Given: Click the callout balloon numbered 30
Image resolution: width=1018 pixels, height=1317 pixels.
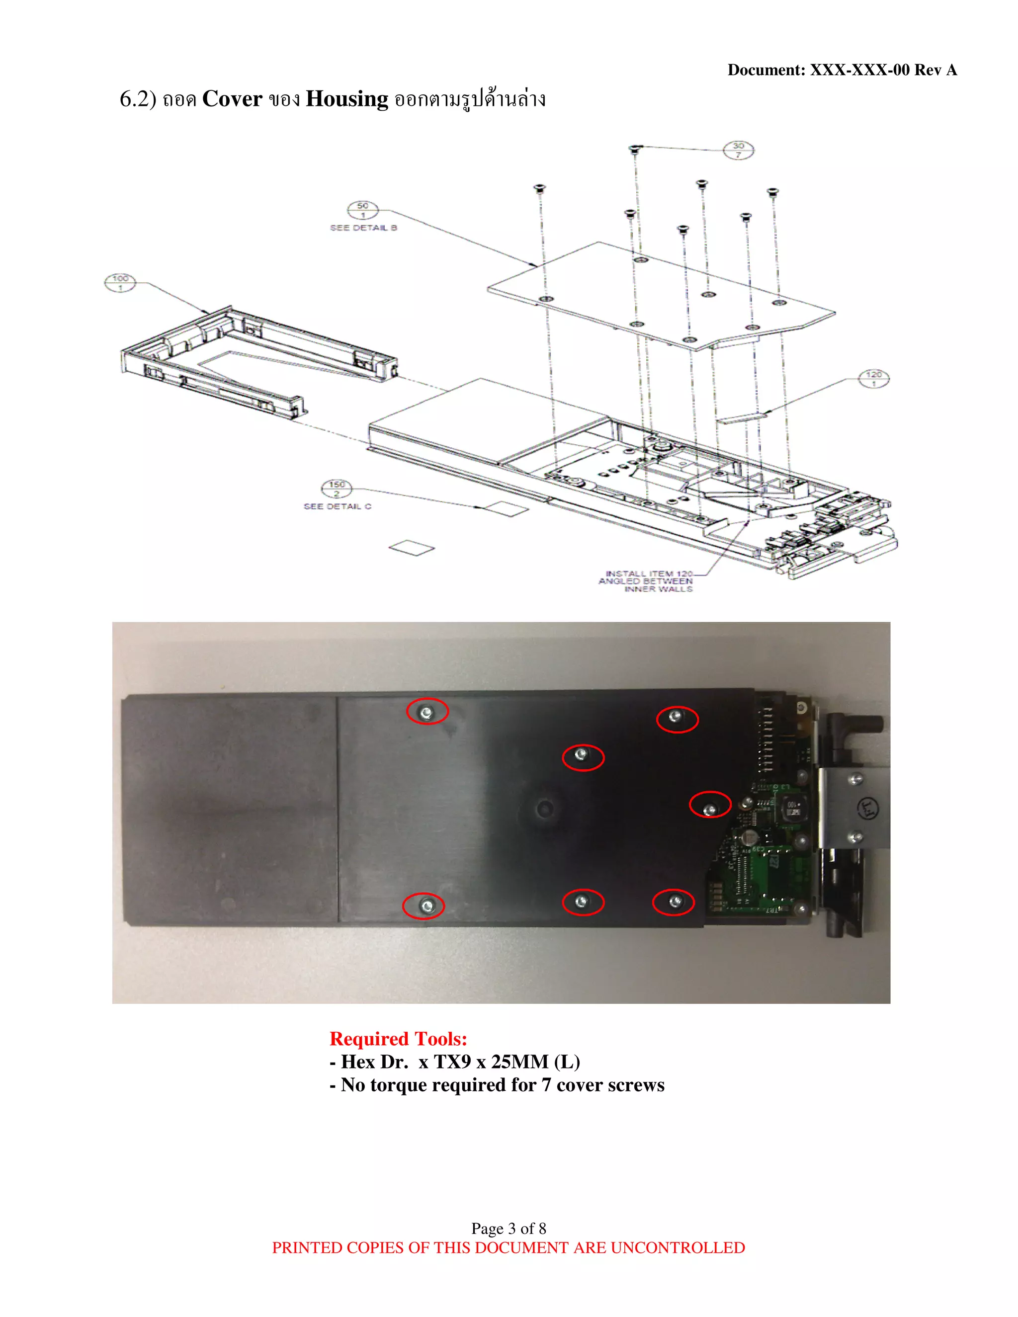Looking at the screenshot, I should (x=738, y=150).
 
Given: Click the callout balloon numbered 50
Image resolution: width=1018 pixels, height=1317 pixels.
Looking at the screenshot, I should (x=362, y=210).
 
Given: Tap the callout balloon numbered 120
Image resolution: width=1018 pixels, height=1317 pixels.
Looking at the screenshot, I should (x=873, y=379).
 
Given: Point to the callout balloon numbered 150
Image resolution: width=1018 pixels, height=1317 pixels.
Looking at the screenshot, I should (x=337, y=488).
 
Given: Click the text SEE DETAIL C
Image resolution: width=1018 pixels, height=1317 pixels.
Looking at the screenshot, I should (x=337, y=506).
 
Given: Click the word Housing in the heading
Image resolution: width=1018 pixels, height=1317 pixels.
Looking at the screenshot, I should (x=347, y=99).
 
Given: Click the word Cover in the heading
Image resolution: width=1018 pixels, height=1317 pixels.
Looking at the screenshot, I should (x=232, y=99).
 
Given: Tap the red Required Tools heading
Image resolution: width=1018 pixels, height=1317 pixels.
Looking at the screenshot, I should (x=398, y=1038).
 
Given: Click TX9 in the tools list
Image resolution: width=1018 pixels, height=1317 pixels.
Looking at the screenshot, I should (x=452, y=1062).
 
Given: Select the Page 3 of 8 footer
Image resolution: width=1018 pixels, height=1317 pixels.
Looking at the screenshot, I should (x=509, y=1229).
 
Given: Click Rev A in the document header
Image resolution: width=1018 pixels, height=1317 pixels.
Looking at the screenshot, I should (x=935, y=70).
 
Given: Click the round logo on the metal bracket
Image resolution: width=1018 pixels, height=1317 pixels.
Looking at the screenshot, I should (x=869, y=808).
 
